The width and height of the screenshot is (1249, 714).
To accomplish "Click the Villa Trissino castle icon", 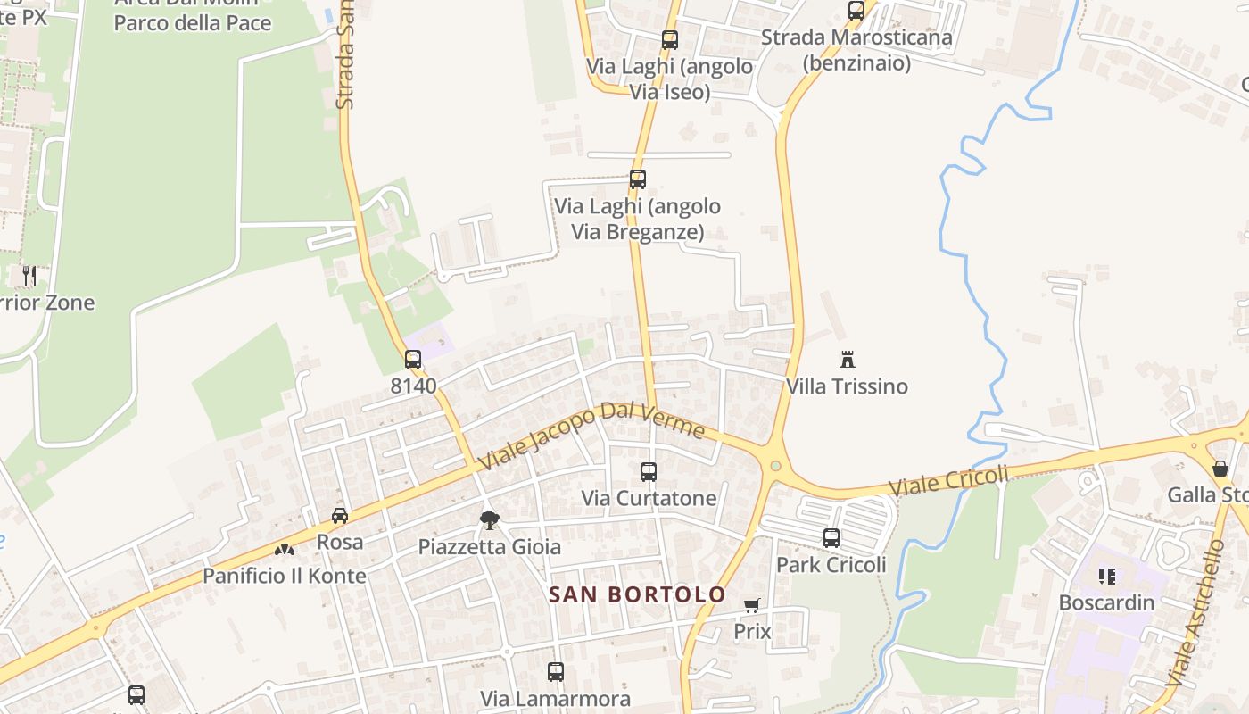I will [x=848, y=360].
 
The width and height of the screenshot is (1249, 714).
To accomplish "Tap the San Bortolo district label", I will [x=637, y=594].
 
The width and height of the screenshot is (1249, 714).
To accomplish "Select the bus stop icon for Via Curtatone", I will [x=649, y=472].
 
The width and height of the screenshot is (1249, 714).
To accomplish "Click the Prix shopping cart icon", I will [x=752, y=606].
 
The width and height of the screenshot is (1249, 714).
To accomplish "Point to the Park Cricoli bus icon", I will [x=831, y=538].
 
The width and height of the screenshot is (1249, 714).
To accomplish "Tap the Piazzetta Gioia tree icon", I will [x=489, y=519].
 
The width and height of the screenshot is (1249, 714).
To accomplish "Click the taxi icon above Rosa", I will [x=340, y=515].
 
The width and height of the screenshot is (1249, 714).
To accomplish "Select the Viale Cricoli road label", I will [x=948, y=480].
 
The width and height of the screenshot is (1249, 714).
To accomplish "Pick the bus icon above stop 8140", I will [x=413, y=360].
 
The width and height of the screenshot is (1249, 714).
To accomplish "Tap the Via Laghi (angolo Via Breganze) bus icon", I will [x=638, y=179].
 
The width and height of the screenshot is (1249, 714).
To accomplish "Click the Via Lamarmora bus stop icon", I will [x=556, y=672].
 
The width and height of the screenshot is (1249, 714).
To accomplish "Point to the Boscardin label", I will [x=1106, y=602].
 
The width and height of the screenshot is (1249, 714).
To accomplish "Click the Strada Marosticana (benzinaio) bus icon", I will [x=856, y=11].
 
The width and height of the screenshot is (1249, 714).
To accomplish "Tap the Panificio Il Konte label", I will [x=285, y=576].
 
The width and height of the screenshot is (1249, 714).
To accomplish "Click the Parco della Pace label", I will [x=193, y=22].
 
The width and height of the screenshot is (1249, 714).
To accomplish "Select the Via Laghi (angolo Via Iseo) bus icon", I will [x=670, y=40].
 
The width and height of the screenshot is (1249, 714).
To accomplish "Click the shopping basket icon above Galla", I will [x=1220, y=469].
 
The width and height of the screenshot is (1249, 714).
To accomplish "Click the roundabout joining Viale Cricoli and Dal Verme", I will [x=775, y=465].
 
